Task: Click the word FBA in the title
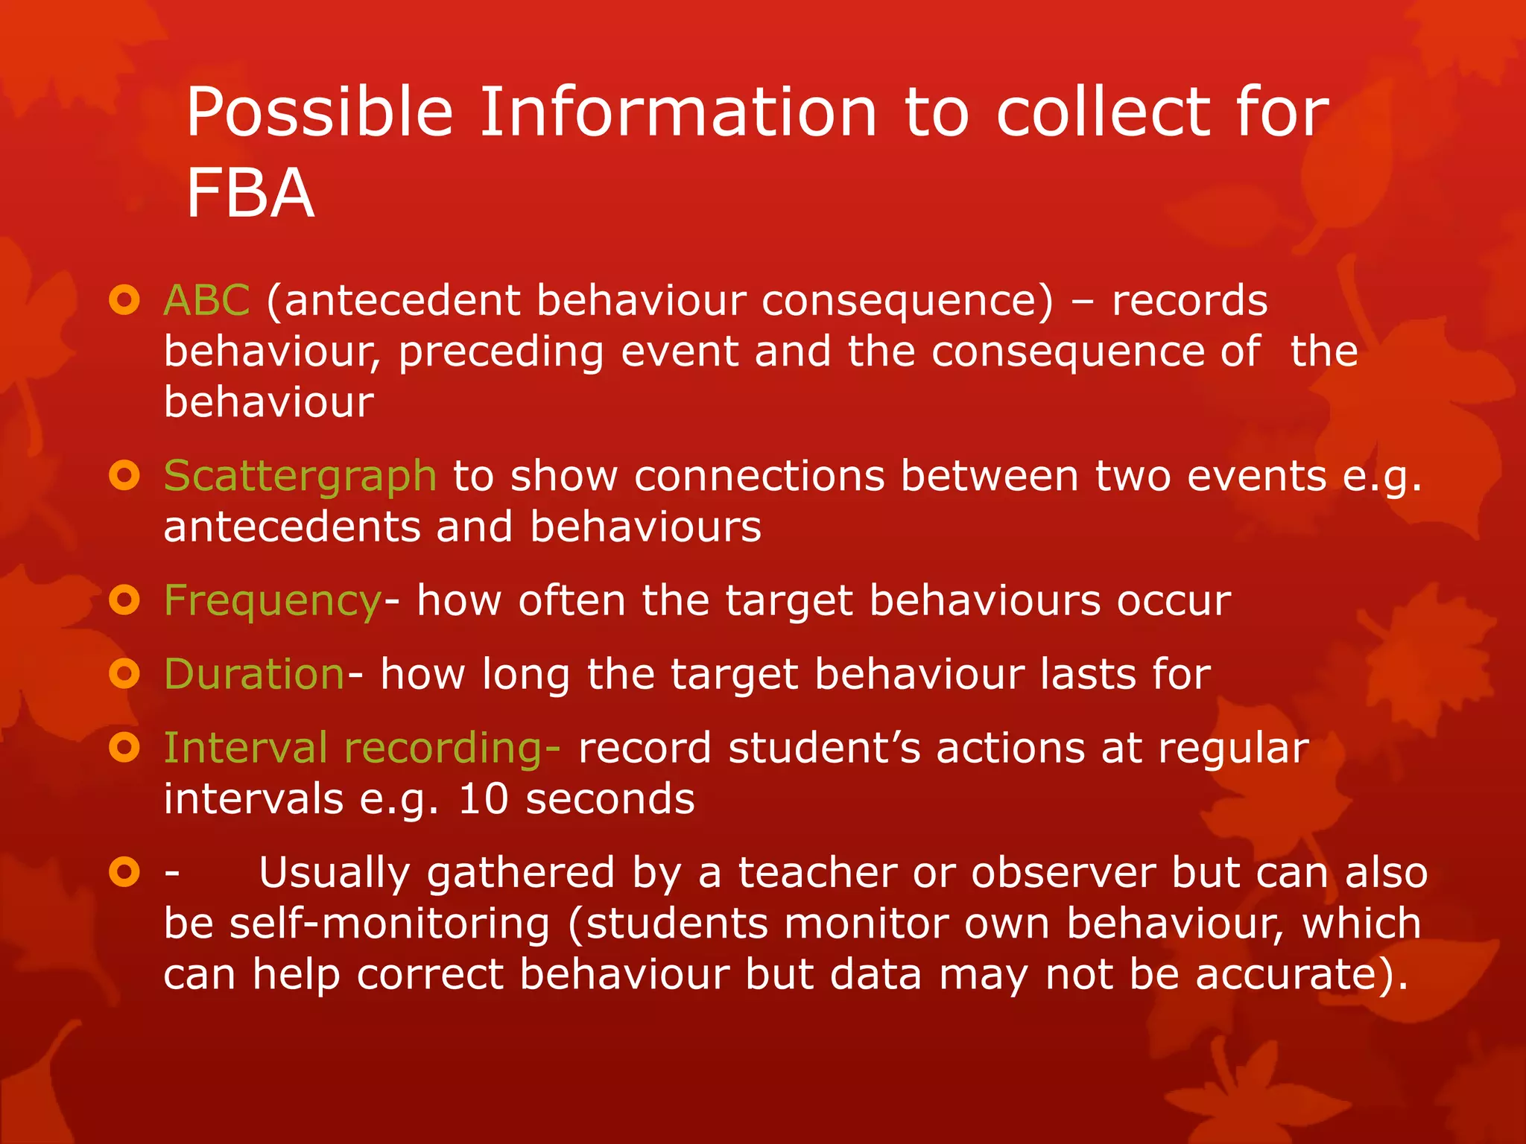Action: [x=250, y=194]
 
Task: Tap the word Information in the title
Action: [x=678, y=113]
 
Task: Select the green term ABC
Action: [x=206, y=301]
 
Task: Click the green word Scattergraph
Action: [x=300, y=477]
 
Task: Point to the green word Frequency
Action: [x=272, y=602]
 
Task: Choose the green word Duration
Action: [x=254, y=674]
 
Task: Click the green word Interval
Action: [x=245, y=748]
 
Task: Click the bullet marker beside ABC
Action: [x=124, y=301]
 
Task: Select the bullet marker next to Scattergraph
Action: [x=124, y=475]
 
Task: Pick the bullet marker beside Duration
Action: [x=124, y=673]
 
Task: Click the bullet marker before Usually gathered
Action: [x=124, y=871]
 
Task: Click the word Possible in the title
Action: [x=320, y=113]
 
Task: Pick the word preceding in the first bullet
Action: [x=501, y=352]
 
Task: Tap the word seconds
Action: [x=610, y=799]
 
